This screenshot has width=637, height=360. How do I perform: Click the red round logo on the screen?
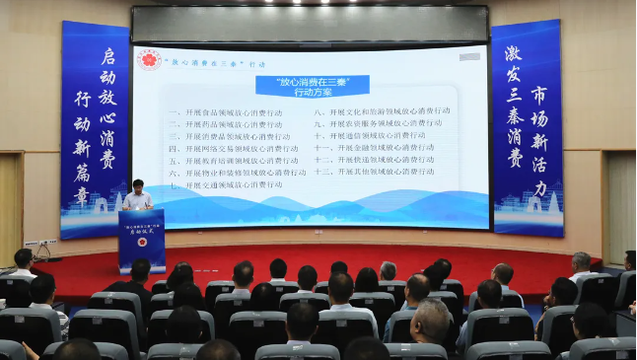149,59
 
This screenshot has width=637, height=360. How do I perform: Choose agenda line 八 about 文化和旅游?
382,111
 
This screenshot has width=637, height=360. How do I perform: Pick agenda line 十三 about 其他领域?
374,171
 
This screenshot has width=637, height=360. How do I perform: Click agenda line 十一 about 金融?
374,147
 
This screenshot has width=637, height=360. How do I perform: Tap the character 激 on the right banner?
513,52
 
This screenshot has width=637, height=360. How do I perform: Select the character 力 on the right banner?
539,188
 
